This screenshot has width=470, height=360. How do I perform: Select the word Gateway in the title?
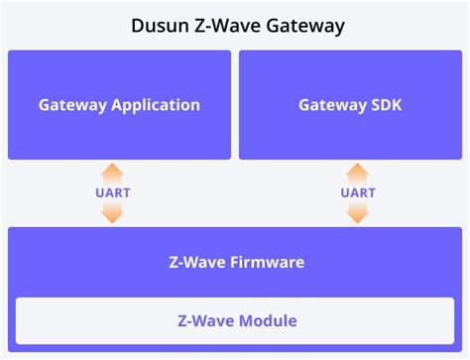(306, 26)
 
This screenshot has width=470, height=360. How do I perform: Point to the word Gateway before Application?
(72, 104)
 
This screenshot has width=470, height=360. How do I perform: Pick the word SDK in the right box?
(386, 104)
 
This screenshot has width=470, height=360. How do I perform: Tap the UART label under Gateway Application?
(113, 192)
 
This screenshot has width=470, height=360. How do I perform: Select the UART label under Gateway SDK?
(357, 192)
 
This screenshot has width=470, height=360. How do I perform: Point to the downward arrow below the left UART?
(113, 212)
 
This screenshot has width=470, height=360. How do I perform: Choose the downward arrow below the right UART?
(357, 212)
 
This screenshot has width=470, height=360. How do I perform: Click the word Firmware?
(265, 263)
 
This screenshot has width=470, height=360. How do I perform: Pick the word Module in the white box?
(265, 320)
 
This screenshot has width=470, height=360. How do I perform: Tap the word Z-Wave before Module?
(203, 320)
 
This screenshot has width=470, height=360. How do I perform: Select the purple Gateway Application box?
(119, 134)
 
